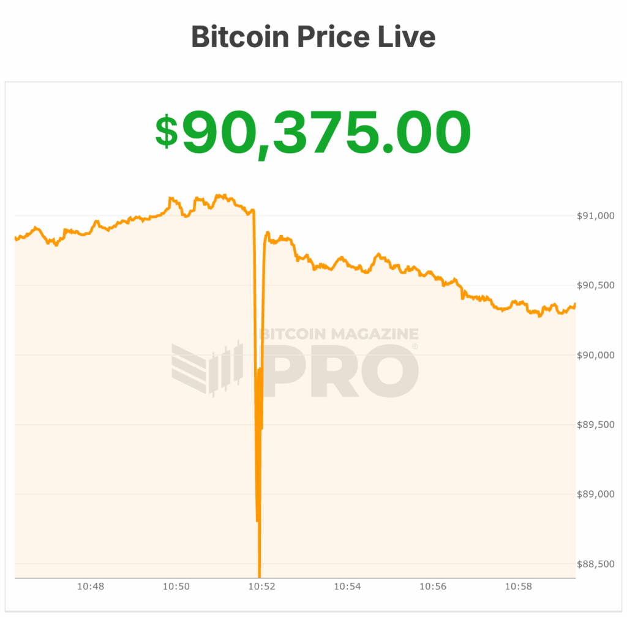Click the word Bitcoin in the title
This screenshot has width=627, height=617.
239,37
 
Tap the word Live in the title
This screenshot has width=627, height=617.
410,37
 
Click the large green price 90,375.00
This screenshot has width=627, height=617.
326,132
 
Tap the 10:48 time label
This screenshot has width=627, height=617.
90,586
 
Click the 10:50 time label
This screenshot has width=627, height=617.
176,586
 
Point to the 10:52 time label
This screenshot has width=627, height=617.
261,586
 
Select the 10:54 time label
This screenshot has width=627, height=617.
347,586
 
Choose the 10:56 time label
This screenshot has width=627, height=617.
432,586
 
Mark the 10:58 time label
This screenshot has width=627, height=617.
518,586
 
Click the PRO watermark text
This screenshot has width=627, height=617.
340,370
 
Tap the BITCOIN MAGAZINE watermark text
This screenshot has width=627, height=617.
339,334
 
